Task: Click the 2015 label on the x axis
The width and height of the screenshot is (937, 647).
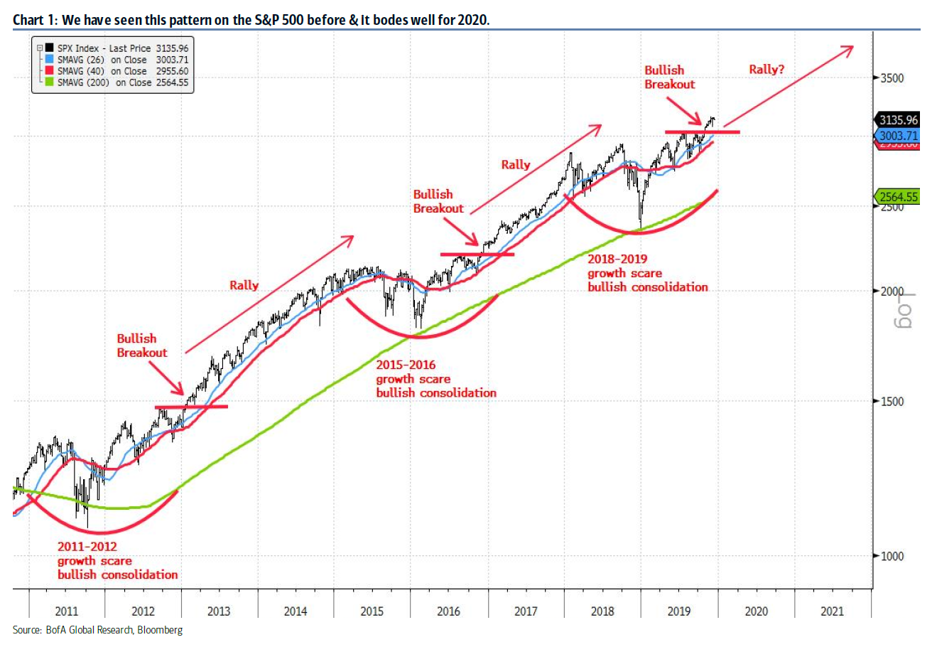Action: pyautogui.click(x=372, y=611)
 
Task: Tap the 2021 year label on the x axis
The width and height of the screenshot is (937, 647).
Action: pyautogui.click(x=833, y=611)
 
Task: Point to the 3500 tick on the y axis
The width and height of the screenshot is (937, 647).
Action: pyautogui.click(x=892, y=78)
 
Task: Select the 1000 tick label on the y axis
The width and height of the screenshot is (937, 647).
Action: pyautogui.click(x=892, y=556)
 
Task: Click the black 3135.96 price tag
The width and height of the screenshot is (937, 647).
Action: pyautogui.click(x=898, y=120)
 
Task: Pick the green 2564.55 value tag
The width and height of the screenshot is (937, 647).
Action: pyautogui.click(x=898, y=197)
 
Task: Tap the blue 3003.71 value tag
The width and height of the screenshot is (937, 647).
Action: pyautogui.click(x=898, y=136)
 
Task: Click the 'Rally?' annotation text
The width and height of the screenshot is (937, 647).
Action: pyautogui.click(x=767, y=70)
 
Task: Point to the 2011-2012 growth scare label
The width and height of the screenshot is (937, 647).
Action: pyautogui.click(x=117, y=560)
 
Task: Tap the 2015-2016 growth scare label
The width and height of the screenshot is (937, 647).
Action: pyautogui.click(x=435, y=379)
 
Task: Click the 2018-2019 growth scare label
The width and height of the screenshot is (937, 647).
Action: pyautogui.click(x=647, y=273)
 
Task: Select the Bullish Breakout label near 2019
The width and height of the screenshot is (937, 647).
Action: pyautogui.click(x=669, y=77)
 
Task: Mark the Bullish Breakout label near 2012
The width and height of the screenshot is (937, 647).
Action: pyautogui.click(x=142, y=346)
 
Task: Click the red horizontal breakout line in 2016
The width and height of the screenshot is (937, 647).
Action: pyautogui.click(x=477, y=254)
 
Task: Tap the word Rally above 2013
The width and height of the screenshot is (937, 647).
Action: pyautogui.click(x=244, y=285)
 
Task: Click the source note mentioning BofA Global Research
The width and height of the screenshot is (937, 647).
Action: pyautogui.click(x=97, y=630)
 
